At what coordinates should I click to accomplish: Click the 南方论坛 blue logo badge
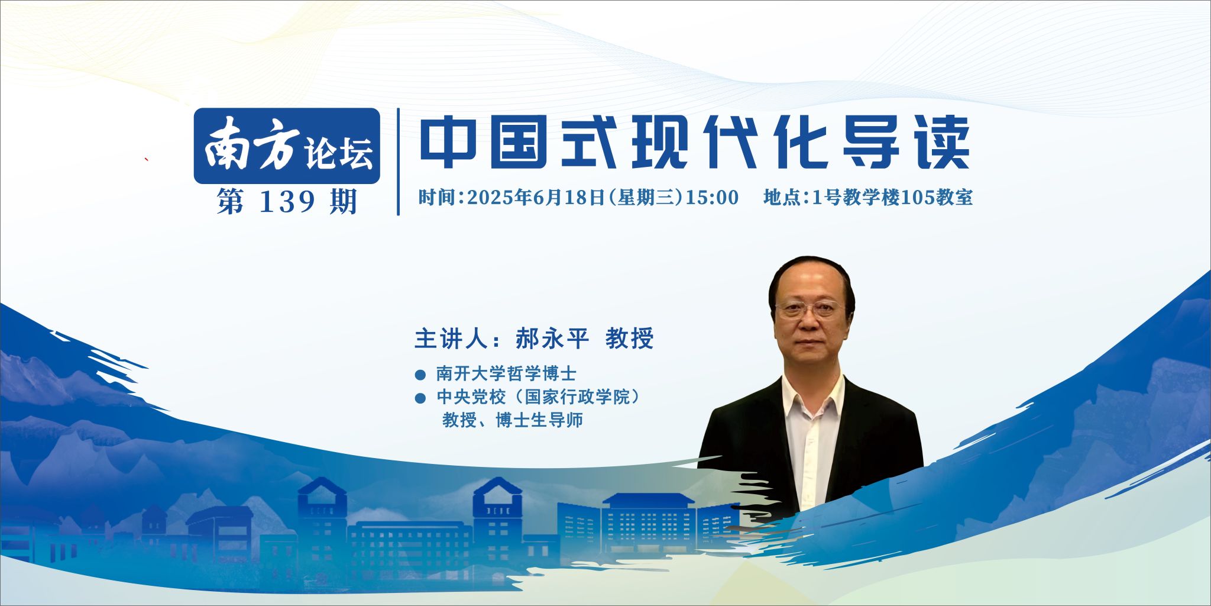pyautogui.click(x=287, y=146)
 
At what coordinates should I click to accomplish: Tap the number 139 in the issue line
pyautogui.click(x=287, y=202)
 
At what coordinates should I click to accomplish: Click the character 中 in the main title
pyautogui.click(x=448, y=141)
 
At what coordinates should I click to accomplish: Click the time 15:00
pyautogui.click(x=712, y=197)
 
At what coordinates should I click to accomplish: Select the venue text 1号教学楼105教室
pyautogui.click(x=892, y=197)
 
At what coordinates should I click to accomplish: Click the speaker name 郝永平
pyautogui.click(x=552, y=339)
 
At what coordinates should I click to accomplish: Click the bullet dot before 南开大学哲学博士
pyautogui.click(x=420, y=375)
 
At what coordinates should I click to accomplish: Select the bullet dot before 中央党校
pyautogui.click(x=420, y=398)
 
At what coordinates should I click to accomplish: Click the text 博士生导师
pyautogui.click(x=539, y=420)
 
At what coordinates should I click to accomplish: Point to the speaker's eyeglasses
pyautogui.click(x=808, y=308)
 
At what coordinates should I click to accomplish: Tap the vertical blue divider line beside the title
pyautogui.click(x=399, y=162)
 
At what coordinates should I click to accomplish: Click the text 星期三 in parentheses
pyautogui.click(x=646, y=197)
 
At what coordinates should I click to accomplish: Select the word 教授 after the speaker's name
pyautogui.click(x=629, y=339)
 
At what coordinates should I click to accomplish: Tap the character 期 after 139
pyautogui.click(x=344, y=202)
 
